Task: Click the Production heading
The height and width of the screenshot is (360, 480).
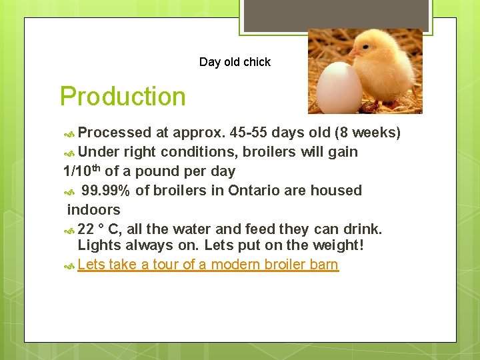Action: point(123,97)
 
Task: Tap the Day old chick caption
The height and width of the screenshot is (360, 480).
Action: point(235,62)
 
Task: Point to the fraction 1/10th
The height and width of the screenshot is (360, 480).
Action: point(82,171)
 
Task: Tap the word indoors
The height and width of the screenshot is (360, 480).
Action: point(93,210)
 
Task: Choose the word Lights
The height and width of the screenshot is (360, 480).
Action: point(98,245)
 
